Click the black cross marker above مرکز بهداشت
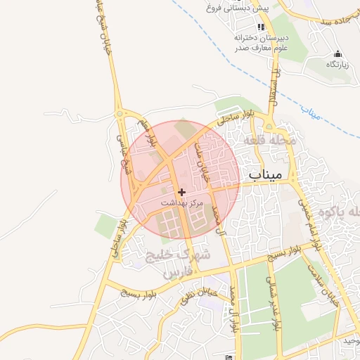click(182, 191)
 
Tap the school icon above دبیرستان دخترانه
click(261, 27)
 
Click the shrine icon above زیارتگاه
click(337, 54)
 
